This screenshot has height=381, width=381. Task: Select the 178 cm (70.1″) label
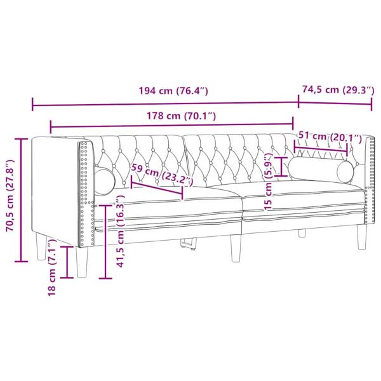click(x=173, y=116)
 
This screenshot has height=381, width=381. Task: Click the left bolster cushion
click(x=105, y=180)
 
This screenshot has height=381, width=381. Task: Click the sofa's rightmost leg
click(x=362, y=237)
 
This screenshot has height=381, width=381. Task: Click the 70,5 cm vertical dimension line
click(x=22, y=200)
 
